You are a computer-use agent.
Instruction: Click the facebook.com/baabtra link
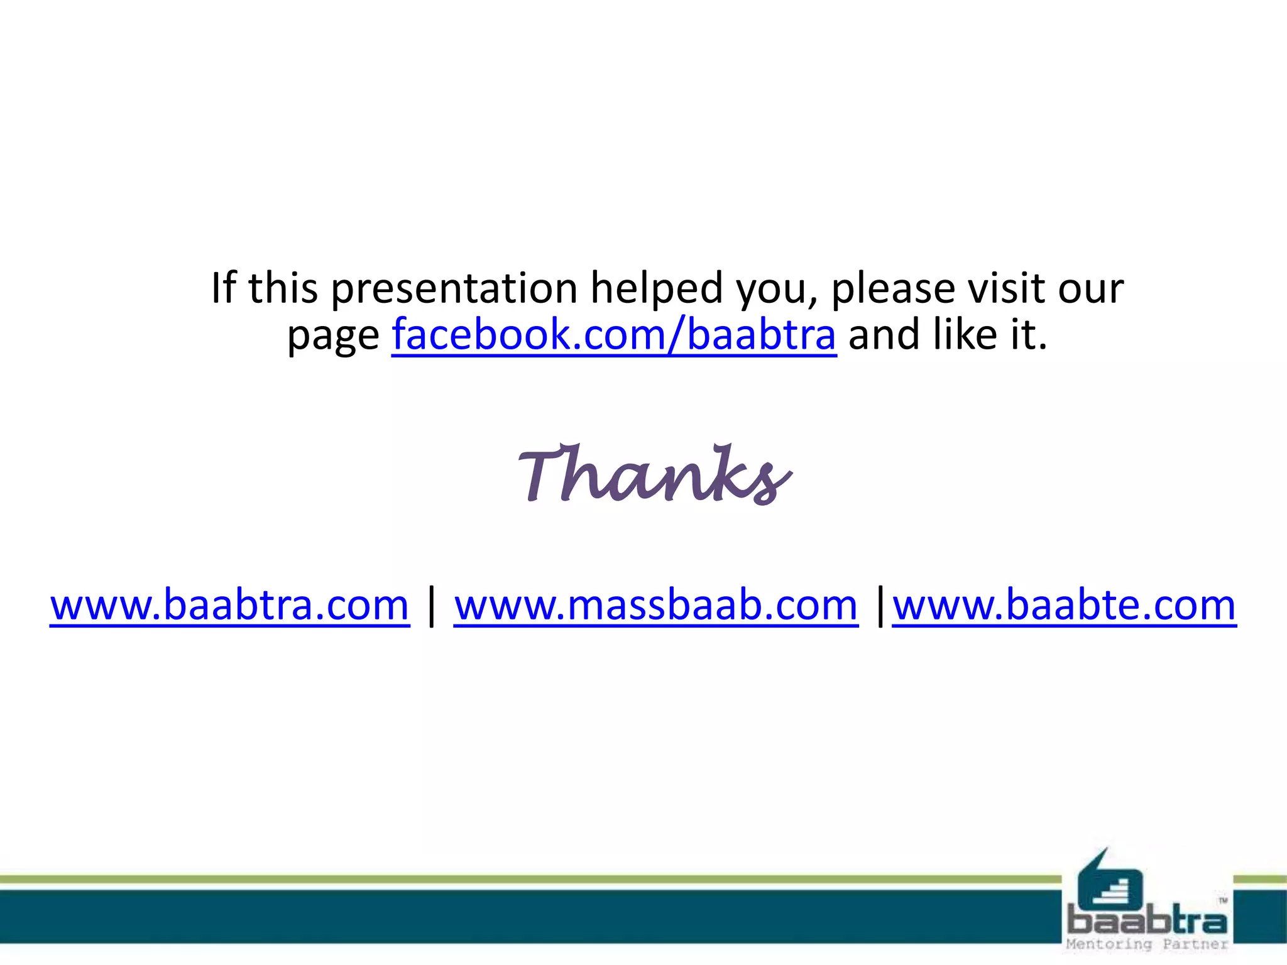point(613,334)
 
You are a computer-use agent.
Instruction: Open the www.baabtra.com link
point(229,604)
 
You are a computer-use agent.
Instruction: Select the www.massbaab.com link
point(655,604)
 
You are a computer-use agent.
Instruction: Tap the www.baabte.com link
point(1064,604)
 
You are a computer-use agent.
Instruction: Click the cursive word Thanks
point(654,475)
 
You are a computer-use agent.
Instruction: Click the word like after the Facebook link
point(967,334)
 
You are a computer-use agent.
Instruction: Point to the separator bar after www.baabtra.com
point(431,606)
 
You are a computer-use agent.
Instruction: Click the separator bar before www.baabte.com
point(880,606)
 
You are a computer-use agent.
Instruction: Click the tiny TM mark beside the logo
point(1223,900)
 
